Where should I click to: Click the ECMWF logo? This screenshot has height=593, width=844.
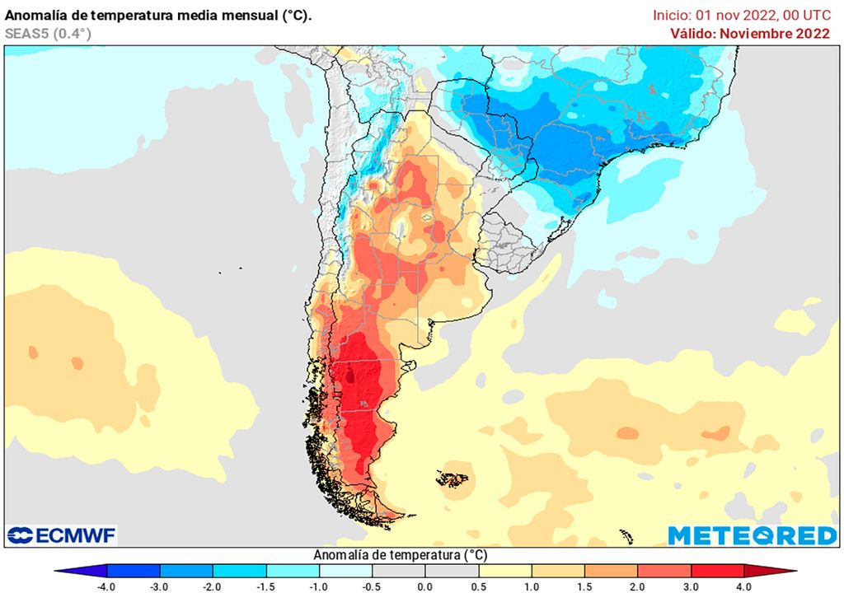click(x=62, y=535)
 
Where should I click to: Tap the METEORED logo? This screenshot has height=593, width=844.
click(x=752, y=535)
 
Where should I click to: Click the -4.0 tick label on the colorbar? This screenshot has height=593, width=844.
click(x=106, y=586)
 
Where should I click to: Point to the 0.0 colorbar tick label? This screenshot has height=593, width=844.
click(x=425, y=586)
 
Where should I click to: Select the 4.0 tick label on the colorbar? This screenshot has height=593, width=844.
click(x=744, y=586)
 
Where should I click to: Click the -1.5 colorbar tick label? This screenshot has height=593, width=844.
click(x=266, y=586)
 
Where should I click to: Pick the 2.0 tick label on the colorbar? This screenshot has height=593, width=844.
click(x=638, y=586)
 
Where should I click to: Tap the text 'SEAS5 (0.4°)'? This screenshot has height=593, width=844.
click(x=48, y=33)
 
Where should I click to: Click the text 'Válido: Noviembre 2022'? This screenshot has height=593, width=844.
click(x=749, y=33)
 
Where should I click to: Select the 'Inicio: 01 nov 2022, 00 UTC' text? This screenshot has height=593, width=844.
click(x=741, y=15)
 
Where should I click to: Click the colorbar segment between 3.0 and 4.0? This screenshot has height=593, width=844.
click(x=717, y=571)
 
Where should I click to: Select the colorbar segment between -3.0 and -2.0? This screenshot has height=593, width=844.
click(x=186, y=571)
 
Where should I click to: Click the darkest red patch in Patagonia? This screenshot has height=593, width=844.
click(x=353, y=377)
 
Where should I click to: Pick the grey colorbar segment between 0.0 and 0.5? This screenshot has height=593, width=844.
click(x=452, y=571)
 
